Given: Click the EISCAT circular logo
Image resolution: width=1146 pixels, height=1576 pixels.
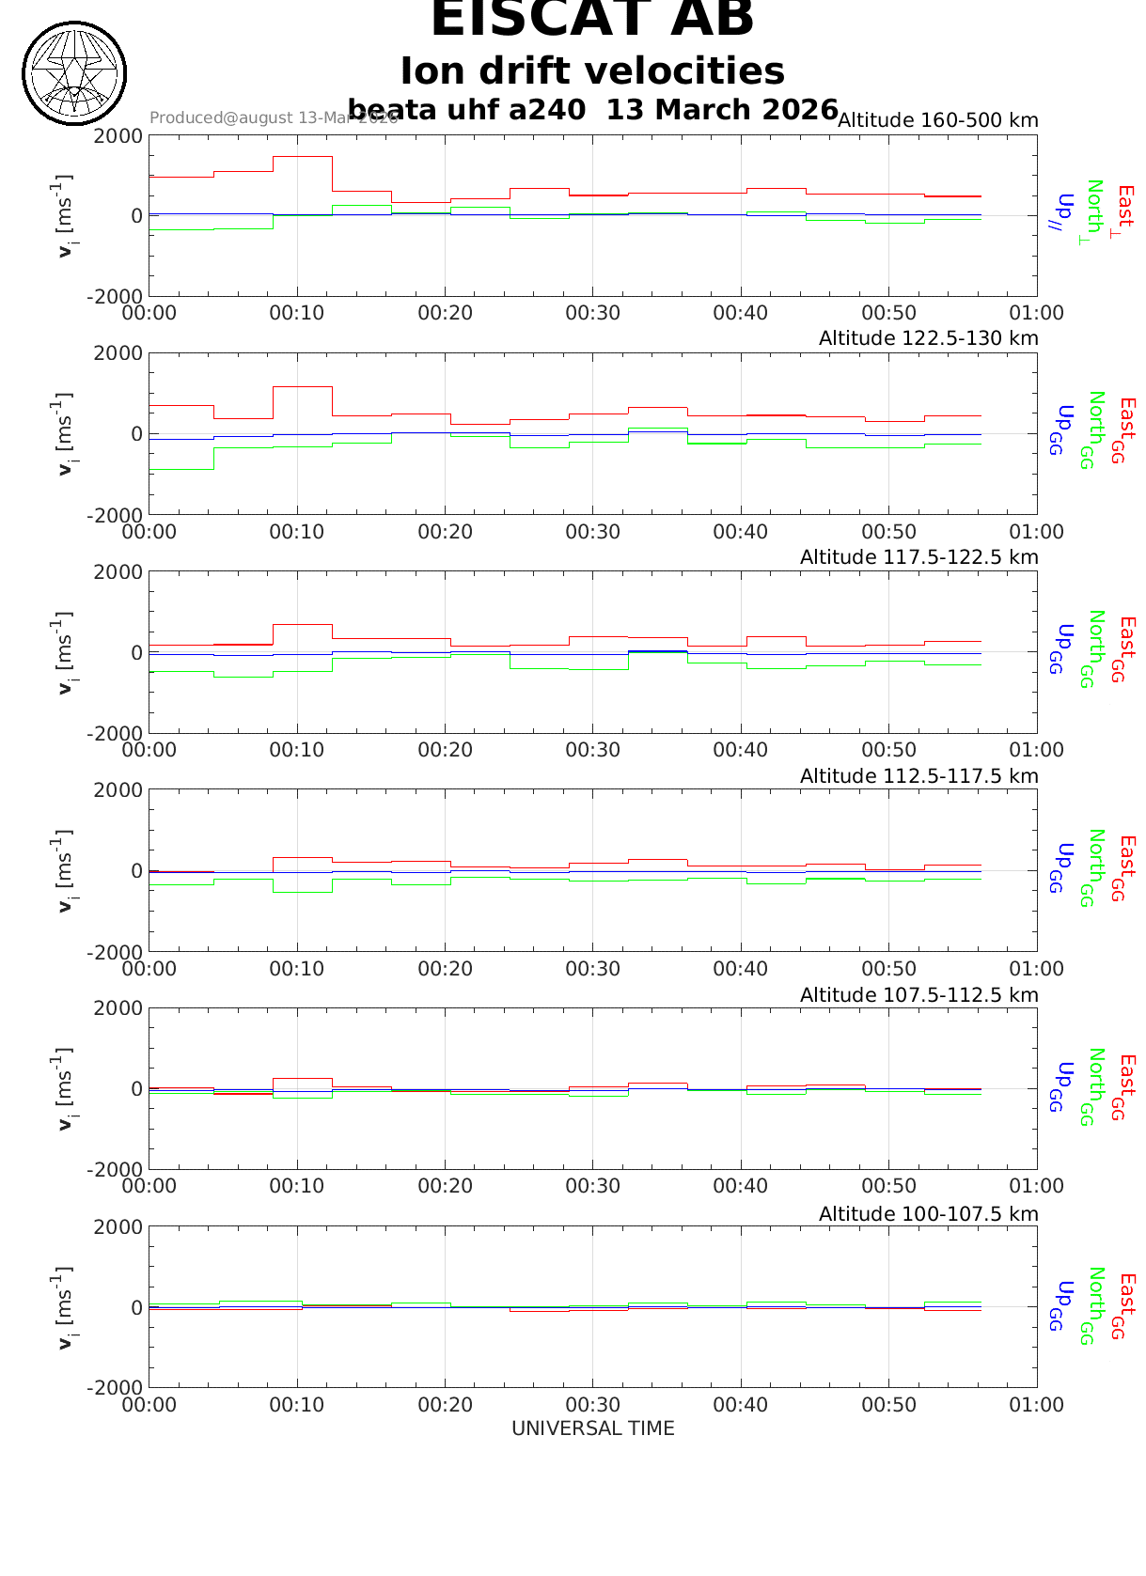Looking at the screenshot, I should (74, 73).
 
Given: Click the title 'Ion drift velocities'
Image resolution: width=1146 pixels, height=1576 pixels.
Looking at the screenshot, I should (592, 71).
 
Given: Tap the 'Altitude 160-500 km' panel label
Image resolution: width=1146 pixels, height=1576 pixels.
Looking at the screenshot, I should (937, 120).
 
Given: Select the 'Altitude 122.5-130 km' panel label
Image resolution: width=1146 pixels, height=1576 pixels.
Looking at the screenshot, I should (928, 338).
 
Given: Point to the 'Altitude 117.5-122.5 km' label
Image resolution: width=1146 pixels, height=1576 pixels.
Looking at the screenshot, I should (918, 557).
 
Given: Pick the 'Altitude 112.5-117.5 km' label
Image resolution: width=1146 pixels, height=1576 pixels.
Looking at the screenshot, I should (918, 776).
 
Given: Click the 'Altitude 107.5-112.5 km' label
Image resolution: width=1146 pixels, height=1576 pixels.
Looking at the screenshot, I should (918, 995).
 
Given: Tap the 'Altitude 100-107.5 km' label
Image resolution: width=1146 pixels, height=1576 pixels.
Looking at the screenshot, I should (928, 1214).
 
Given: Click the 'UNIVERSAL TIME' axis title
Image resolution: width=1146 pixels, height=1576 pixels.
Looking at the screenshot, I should (592, 1428).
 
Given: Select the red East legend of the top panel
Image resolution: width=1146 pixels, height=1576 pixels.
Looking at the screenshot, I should (1123, 211).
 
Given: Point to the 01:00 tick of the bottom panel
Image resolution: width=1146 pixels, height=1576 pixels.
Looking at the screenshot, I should (1036, 1405).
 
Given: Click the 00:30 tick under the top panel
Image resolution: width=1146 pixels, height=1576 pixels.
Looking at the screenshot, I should (592, 313).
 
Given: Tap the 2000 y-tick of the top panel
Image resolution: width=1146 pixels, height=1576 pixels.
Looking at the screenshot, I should (118, 135).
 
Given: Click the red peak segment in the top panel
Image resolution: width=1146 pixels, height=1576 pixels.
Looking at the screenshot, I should (302, 157).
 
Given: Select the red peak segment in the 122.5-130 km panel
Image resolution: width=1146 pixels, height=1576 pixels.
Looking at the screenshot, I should (302, 386).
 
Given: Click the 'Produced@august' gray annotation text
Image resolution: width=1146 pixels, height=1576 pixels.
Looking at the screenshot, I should (273, 118).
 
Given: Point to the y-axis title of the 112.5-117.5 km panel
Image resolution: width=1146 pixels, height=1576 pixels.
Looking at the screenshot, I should (63, 870).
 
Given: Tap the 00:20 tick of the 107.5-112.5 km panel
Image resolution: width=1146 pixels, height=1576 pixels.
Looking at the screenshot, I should (445, 1186).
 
